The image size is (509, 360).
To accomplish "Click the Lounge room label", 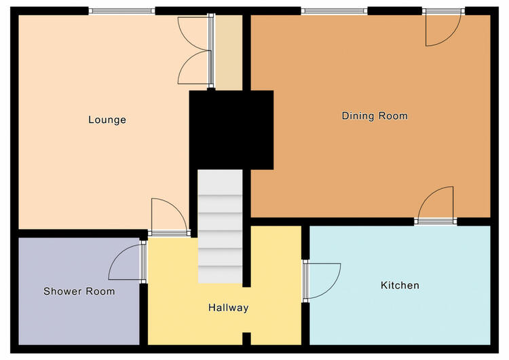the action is (x=107, y=120).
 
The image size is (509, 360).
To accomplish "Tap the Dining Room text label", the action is (x=375, y=115).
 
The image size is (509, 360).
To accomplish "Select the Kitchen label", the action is (x=400, y=285).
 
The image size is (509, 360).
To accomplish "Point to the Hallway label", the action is (x=228, y=308).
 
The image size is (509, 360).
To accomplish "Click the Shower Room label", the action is (x=79, y=291).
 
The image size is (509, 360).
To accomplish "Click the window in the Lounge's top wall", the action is (x=121, y=11).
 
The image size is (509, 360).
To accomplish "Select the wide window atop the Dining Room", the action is (x=334, y=11).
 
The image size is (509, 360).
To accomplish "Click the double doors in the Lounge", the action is (x=195, y=51).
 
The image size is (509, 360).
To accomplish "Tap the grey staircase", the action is (x=220, y=226).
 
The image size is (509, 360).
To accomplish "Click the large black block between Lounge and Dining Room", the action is (x=231, y=130).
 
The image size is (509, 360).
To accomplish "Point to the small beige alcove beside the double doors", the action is (x=229, y=52).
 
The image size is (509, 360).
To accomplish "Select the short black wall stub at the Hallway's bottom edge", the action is (x=247, y=338).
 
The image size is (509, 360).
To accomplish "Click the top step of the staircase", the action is (x=220, y=182).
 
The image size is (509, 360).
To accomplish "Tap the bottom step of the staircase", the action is (x=220, y=274).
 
